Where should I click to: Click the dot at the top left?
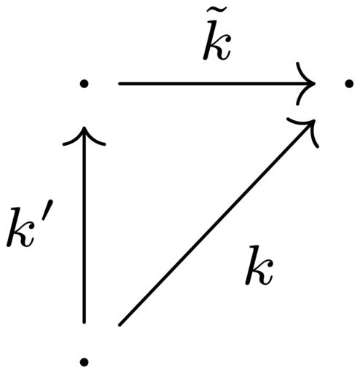(84, 84)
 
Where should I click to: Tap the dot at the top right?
(349, 84)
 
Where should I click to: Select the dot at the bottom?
(84, 362)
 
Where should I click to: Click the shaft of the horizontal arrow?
(216, 84)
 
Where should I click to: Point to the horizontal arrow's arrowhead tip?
(315, 84)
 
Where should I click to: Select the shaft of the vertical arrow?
(84, 225)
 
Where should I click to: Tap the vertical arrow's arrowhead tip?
(84, 127)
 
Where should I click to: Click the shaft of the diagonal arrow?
(216, 223)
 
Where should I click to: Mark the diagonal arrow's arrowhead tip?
(314, 120)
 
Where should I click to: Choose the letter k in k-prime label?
(20, 228)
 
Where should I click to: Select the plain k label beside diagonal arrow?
(259, 265)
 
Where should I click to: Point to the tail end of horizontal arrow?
(119, 84)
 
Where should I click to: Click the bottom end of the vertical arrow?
(84, 323)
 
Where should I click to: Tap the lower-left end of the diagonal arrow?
(120, 325)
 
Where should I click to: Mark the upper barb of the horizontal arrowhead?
(304, 71)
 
